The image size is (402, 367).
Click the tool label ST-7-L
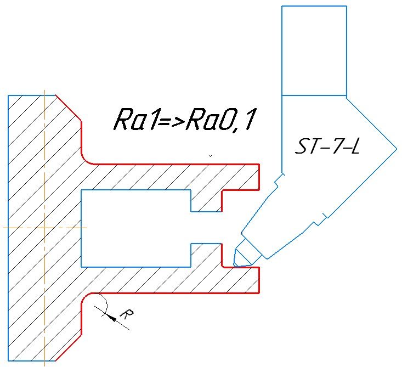pyautogui.click(x=328, y=146)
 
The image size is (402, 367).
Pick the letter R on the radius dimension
pyautogui.click(x=126, y=314)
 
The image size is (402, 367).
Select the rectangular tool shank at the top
pyautogui.click(x=314, y=50)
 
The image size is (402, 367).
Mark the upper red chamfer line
pyautogui.click(x=69, y=108)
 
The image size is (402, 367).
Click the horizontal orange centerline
pyautogui.click(x=44, y=227)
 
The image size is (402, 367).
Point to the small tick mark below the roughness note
pyautogui.click(x=211, y=156)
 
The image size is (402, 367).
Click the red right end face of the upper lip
pyautogui.click(x=258, y=176)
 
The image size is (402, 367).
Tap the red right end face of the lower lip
pyautogui.click(x=258, y=280)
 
